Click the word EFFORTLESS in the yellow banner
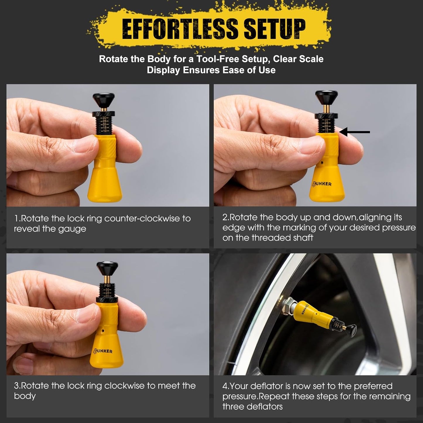tap(180, 28)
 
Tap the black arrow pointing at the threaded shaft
tap(355, 132)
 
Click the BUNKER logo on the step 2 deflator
tap(321, 184)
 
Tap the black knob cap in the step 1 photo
tap(104, 100)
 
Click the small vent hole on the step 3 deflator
tap(103, 330)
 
